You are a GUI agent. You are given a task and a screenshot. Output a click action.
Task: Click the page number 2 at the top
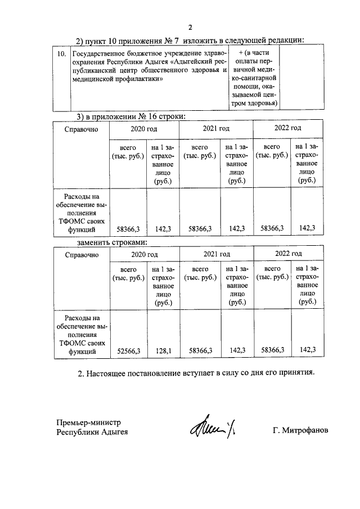click(190, 27)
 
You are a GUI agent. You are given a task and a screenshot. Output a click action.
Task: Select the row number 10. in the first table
click(62, 53)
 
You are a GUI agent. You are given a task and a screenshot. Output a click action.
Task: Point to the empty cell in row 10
click(301, 78)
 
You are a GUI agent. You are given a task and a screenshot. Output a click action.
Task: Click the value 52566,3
click(129, 350)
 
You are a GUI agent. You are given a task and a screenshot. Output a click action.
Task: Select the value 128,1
click(163, 350)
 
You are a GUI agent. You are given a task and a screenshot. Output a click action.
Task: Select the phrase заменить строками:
click(112, 242)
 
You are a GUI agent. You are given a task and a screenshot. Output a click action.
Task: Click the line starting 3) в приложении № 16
click(130, 116)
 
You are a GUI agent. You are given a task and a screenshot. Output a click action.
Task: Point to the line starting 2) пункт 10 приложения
click(190, 40)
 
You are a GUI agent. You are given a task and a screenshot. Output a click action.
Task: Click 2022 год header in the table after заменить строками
click(288, 254)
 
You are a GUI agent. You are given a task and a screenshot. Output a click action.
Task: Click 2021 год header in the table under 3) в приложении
click(216, 129)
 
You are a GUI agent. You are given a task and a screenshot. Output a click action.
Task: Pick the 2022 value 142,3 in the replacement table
click(308, 350)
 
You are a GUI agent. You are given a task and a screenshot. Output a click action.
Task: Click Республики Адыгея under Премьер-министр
click(92, 432)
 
